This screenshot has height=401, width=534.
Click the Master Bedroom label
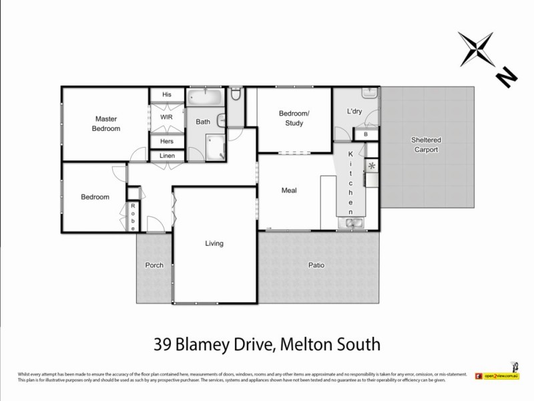pyautogui.click(x=107, y=124)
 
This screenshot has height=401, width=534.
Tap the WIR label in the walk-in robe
pyautogui.click(x=166, y=117)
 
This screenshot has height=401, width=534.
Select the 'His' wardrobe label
pyautogui.click(x=166, y=94)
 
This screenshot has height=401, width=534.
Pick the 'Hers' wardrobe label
pyautogui.click(x=166, y=142)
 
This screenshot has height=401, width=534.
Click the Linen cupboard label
pyautogui.click(x=166, y=156)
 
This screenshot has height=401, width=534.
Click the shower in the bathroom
pyautogui.click(x=216, y=147)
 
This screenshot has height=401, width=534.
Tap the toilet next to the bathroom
pyautogui.click(x=236, y=98)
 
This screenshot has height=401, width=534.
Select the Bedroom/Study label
pyautogui.click(x=294, y=118)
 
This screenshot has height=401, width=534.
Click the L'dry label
pyautogui.click(x=354, y=112)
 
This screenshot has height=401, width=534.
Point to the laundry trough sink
pyautogui.click(x=368, y=94)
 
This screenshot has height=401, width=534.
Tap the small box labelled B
pyautogui.click(x=366, y=135)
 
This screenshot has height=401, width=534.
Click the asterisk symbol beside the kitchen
pyautogui.click(x=372, y=165)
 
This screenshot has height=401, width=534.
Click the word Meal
pyautogui.click(x=289, y=190)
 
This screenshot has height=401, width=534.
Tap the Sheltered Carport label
pyautogui.click(x=425, y=145)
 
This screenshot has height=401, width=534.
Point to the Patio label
pyautogui.click(x=316, y=265)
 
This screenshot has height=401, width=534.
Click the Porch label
pyautogui.click(x=154, y=265)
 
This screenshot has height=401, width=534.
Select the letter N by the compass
pyautogui.click(x=507, y=78)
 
